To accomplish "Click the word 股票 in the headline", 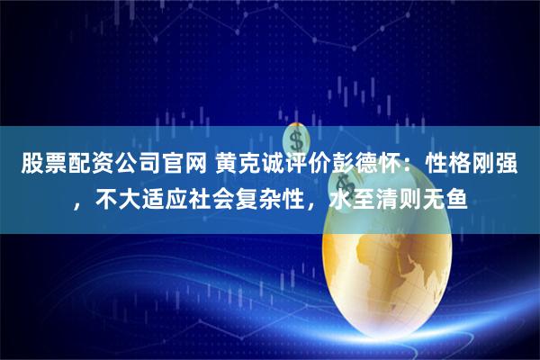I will click(33, 166).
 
